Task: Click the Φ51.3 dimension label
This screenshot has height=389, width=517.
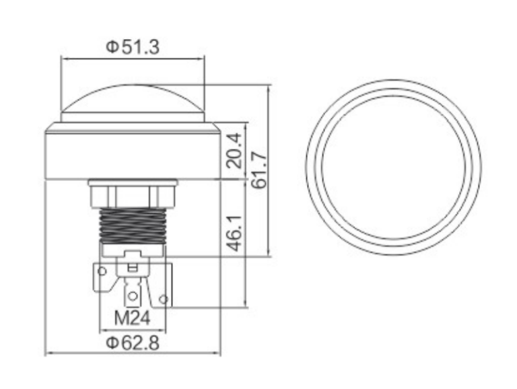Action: [133, 47]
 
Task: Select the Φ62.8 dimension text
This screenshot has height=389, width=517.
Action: [133, 343]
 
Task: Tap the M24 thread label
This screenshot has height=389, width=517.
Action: [132, 318]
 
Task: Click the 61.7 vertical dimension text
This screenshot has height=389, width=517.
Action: [258, 170]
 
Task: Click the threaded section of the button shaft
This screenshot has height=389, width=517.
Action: [133, 226]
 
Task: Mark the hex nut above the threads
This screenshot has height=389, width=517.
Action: [133, 196]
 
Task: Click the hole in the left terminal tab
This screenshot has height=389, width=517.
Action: [102, 272]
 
